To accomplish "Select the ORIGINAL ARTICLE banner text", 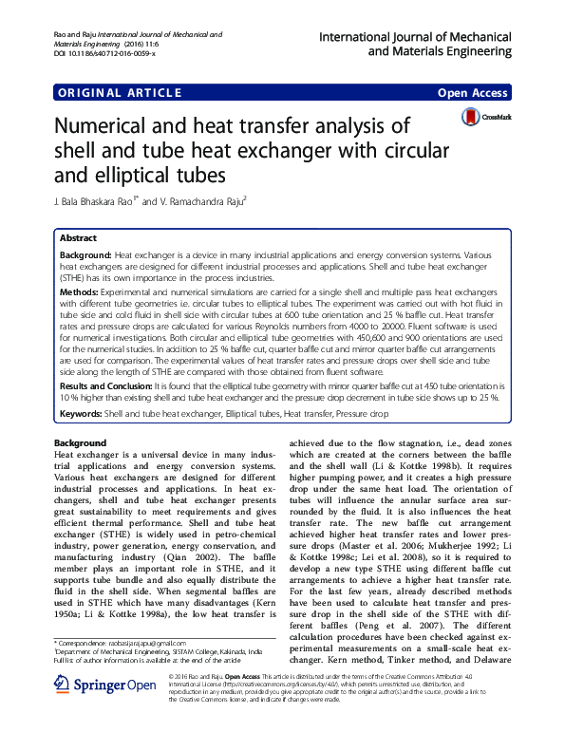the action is tap(120, 93).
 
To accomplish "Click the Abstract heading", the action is tap(78, 238).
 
